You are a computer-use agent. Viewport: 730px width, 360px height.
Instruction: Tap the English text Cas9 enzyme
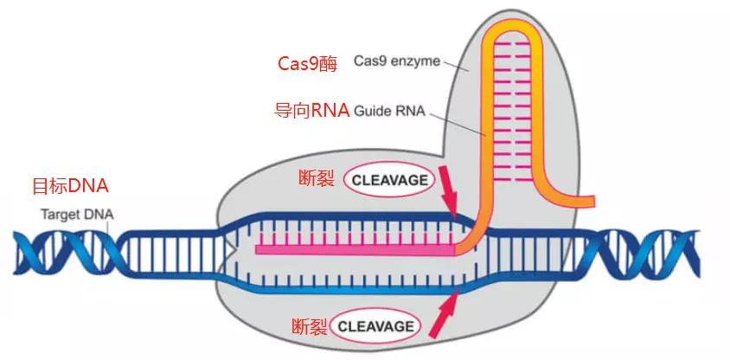point(397,61)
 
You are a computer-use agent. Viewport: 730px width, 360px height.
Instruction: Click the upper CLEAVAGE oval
point(388,180)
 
